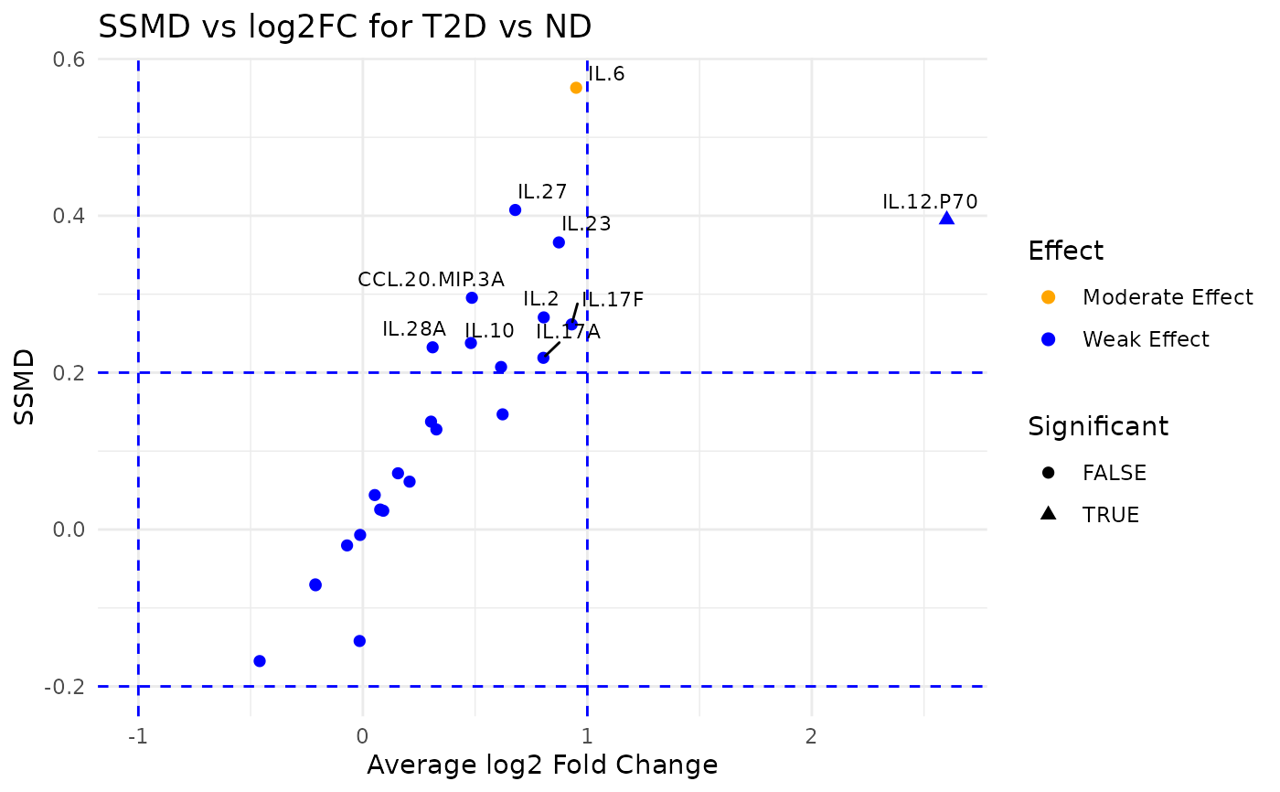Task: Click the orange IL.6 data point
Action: [576, 88]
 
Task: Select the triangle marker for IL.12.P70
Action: [946, 218]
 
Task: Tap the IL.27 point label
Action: [542, 192]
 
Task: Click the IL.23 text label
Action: [586, 224]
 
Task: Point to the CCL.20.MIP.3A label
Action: [431, 279]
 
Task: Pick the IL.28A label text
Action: [413, 329]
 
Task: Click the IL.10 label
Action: [489, 331]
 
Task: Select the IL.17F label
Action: [613, 300]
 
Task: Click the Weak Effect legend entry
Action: [1145, 339]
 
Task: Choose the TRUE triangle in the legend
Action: [1049, 514]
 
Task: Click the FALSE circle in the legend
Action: [1049, 473]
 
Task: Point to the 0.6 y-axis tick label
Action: [71, 59]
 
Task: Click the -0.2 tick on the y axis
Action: [67, 686]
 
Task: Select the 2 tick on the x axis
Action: [811, 737]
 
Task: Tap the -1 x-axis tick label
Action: [137, 737]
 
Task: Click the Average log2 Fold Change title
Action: [542, 765]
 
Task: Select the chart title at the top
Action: [345, 27]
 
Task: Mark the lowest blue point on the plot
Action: [260, 660]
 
